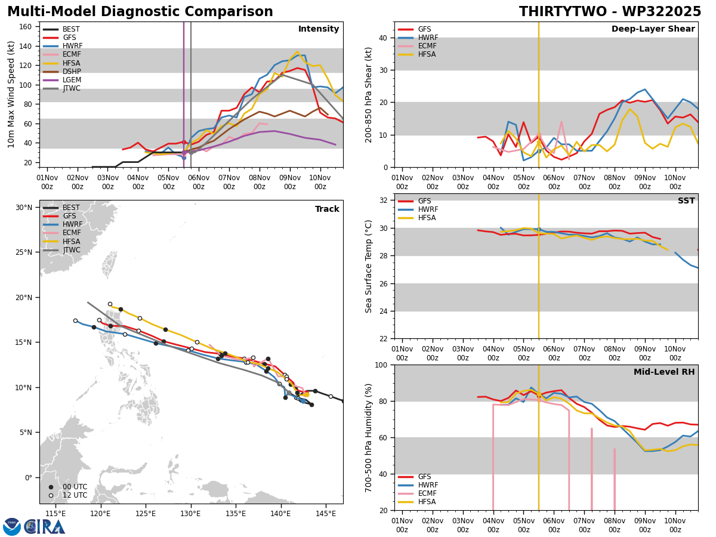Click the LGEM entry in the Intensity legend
(x=72, y=80)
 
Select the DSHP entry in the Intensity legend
(x=72, y=72)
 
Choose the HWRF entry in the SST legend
(x=427, y=209)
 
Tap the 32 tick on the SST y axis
(x=385, y=200)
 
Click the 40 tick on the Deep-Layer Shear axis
(x=385, y=38)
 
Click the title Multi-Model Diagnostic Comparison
(x=140, y=12)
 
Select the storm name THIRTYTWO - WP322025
(x=610, y=12)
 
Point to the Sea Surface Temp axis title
(x=369, y=266)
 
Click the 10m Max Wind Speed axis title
(x=11, y=94)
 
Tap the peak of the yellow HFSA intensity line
(x=297, y=52)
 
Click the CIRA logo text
(x=45, y=527)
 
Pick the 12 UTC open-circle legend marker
(x=51, y=495)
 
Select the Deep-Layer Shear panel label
(x=653, y=29)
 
